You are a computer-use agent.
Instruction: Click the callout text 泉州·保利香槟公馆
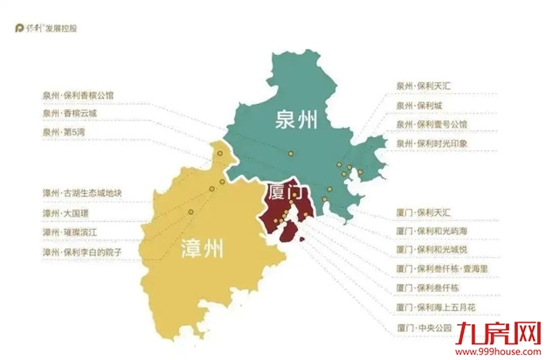(x=78, y=95)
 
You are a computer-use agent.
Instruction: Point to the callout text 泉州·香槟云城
(x=70, y=113)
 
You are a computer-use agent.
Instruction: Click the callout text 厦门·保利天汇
(x=423, y=212)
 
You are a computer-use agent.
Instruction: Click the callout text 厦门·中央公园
(x=423, y=328)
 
